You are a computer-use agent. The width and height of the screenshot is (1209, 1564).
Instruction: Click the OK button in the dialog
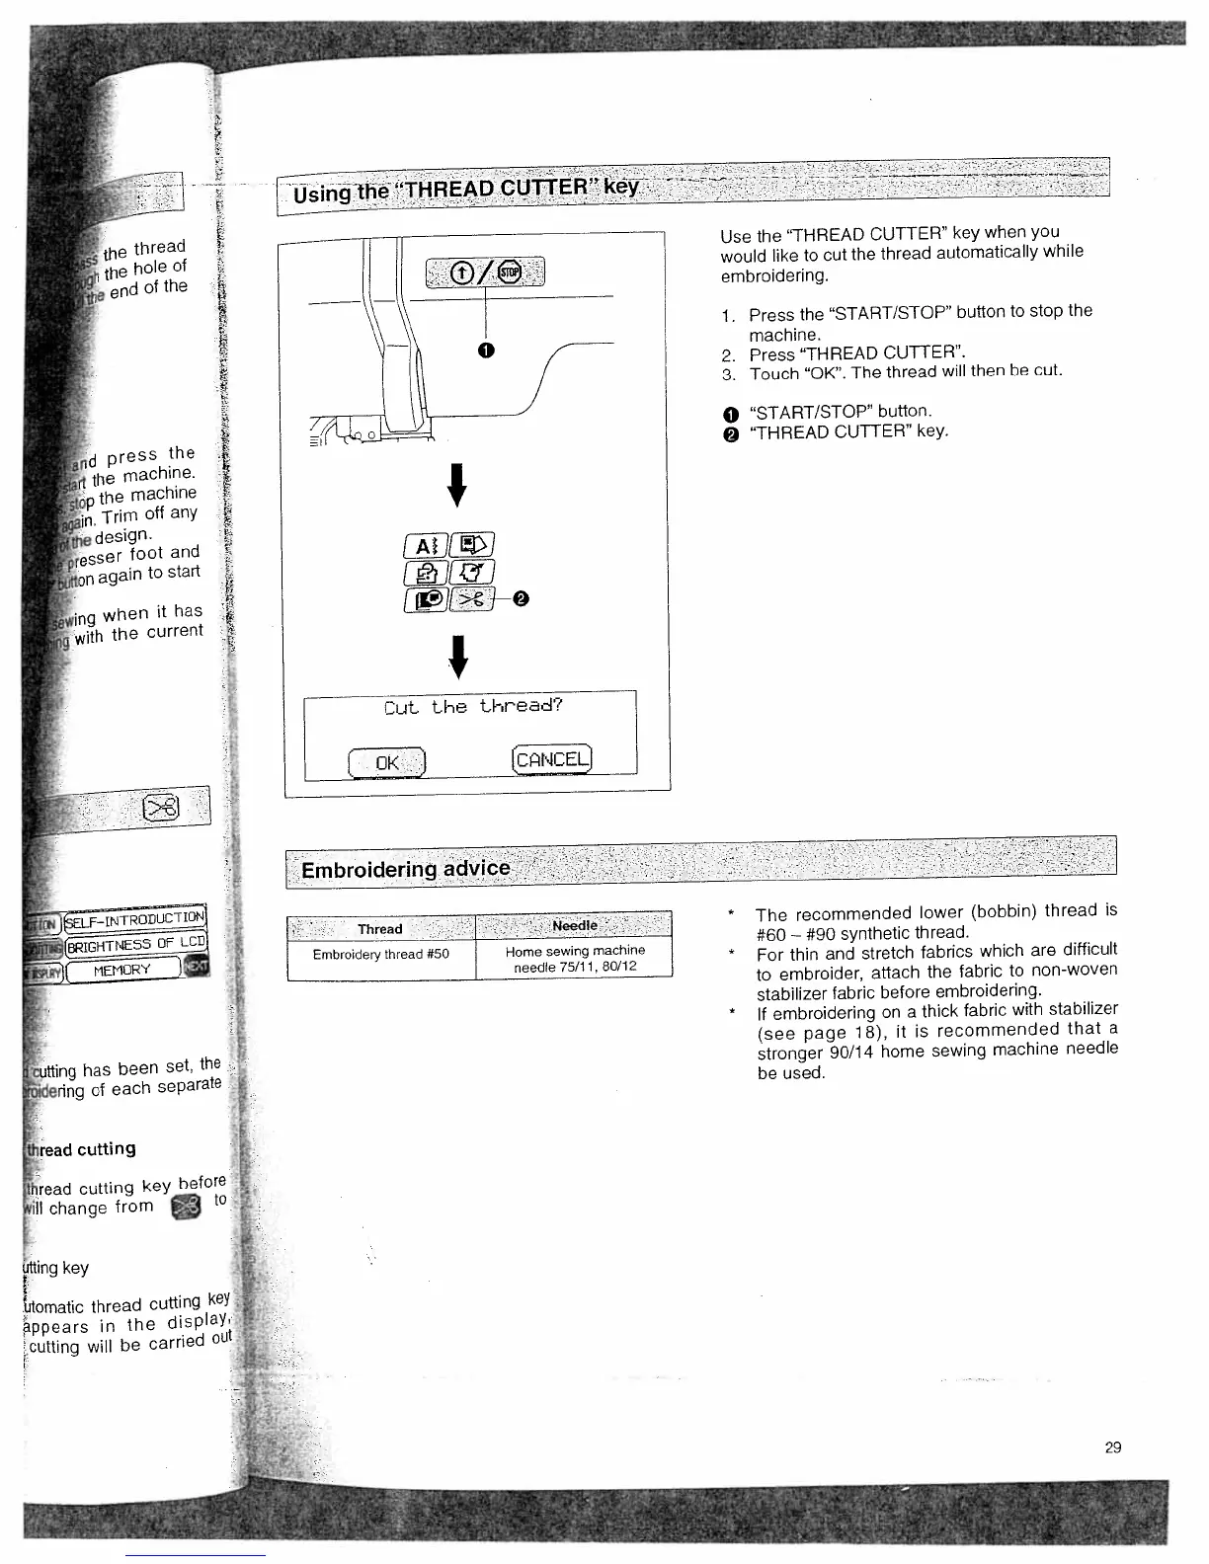pyautogui.click(x=387, y=763)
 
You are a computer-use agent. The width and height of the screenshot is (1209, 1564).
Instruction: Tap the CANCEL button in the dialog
pyautogui.click(x=551, y=759)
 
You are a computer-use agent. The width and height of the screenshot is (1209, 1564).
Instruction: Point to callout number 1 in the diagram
pyautogui.click(x=486, y=350)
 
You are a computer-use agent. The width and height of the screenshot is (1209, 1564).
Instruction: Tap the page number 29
pyautogui.click(x=1112, y=1447)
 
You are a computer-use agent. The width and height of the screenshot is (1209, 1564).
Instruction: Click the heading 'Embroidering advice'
pyautogui.click(x=406, y=869)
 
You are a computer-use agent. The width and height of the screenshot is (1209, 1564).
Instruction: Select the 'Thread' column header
pyautogui.click(x=380, y=928)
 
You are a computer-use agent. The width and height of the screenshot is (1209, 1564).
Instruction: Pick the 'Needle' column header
pyautogui.click(x=574, y=925)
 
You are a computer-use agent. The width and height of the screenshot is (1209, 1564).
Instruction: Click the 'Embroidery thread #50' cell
pyautogui.click(x=380, y=955)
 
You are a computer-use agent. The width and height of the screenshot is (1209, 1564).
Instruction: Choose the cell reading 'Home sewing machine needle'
pyautogui.click(x=574, y=959)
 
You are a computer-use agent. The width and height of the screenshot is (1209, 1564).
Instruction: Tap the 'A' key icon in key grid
pyautogui.click(x=425, y=545)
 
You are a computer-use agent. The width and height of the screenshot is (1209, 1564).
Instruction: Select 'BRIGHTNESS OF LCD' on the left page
pyautogui.click(x=135, y=942)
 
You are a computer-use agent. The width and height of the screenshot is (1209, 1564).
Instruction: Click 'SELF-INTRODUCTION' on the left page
pyautogui.click(x=135, y=917)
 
